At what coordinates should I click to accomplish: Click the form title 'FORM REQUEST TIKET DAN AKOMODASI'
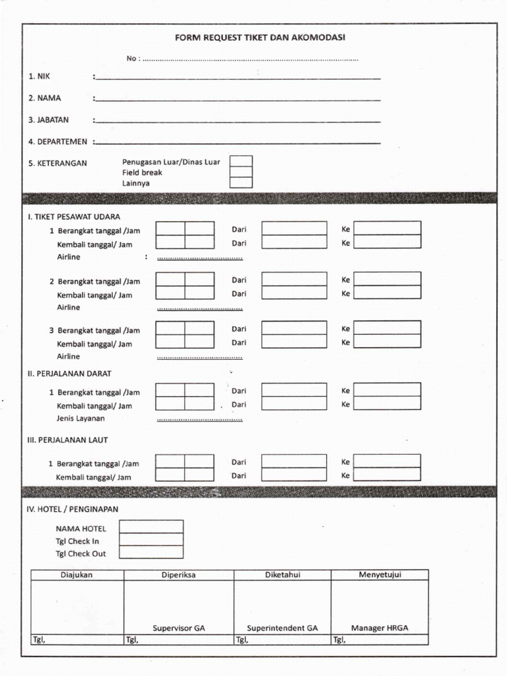259,38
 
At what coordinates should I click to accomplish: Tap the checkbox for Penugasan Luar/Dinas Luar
241,161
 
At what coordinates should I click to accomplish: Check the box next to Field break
241,172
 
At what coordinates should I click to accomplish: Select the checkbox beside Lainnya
241,183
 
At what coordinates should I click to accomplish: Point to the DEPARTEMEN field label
57,141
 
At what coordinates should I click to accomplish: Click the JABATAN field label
48,120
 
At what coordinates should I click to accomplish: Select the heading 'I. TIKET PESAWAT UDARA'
74,217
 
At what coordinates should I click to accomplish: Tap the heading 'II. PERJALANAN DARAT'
69,374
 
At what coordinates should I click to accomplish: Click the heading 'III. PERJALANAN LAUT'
67,440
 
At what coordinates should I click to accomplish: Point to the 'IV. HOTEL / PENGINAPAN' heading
73,509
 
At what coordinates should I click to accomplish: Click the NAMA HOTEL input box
151,527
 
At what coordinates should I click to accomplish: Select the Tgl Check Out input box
151,553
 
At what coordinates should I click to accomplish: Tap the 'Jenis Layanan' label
81,418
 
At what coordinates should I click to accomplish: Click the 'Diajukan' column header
77,575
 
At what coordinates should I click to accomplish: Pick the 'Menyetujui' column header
380,575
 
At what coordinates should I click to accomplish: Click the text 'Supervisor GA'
179,628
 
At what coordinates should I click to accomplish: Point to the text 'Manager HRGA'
380,628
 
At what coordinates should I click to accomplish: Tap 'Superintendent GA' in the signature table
283,628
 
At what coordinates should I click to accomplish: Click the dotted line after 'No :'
251,59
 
